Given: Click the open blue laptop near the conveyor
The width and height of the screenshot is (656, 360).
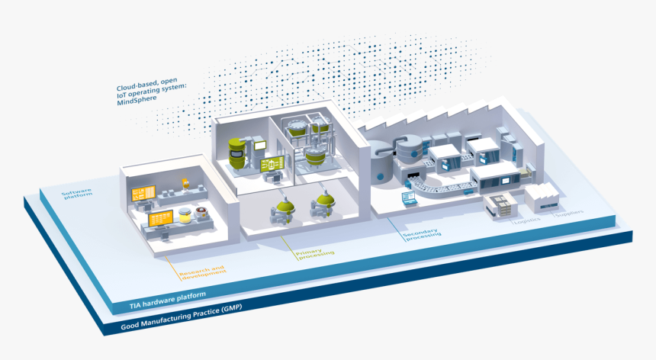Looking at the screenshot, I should (410, 199).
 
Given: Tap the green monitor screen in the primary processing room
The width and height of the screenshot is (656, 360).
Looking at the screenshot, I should (271, 164).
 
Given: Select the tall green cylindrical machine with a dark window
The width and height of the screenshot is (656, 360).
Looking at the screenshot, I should (237, 153).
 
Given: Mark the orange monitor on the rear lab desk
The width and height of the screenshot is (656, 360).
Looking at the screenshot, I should (143, 194).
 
